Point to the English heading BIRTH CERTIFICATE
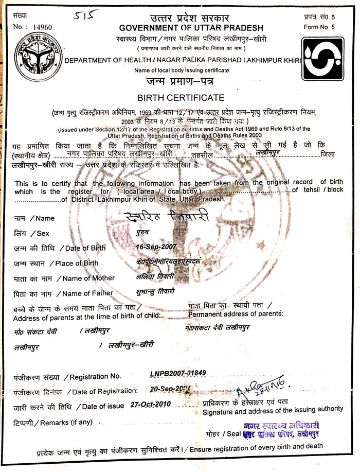181,97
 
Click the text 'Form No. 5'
318,27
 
